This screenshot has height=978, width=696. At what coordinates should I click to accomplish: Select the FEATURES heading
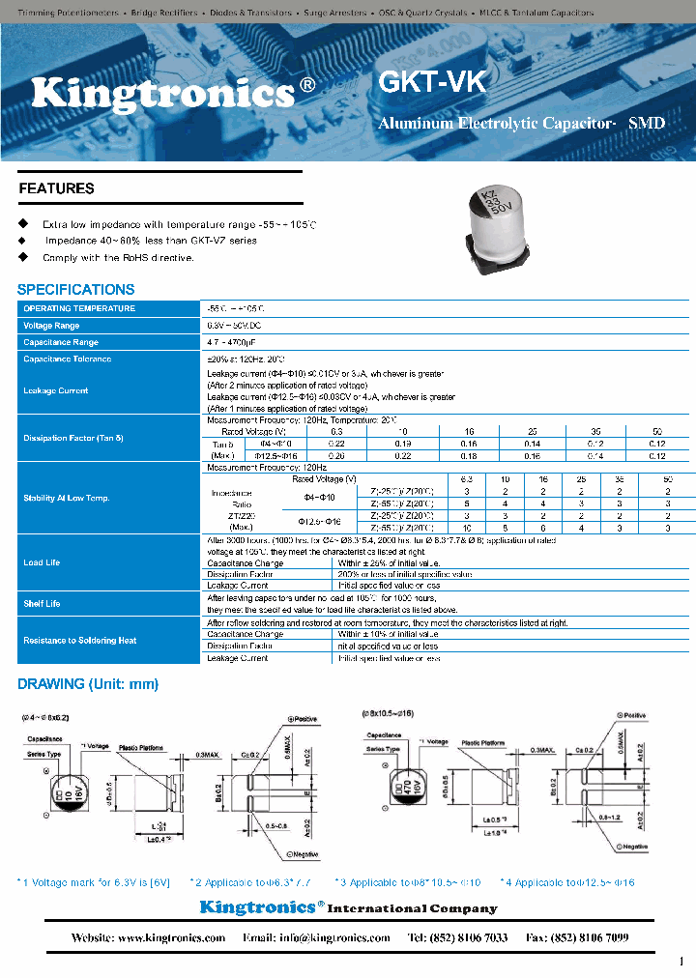[56, 188]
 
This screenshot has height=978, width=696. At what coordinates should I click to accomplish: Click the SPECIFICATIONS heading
[76, 289]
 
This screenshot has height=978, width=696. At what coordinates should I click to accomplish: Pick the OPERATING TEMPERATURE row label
[79, 308]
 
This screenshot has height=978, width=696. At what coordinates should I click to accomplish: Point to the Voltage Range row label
[51, 326]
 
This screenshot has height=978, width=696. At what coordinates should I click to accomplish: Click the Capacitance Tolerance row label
[68, 359]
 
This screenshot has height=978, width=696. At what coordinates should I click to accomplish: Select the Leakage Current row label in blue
[56, 390]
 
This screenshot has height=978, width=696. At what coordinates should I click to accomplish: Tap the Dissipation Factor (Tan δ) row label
[73, 438]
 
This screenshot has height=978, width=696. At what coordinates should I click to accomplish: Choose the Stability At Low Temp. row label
[67, 498]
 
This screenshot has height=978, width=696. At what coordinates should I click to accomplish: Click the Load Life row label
[42, 562]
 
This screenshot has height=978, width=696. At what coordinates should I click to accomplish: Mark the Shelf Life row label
[42, 603]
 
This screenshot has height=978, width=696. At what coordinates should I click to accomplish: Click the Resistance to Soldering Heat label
[80, 640]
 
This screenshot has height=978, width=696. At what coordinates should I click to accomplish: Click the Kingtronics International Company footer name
[348, 907]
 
